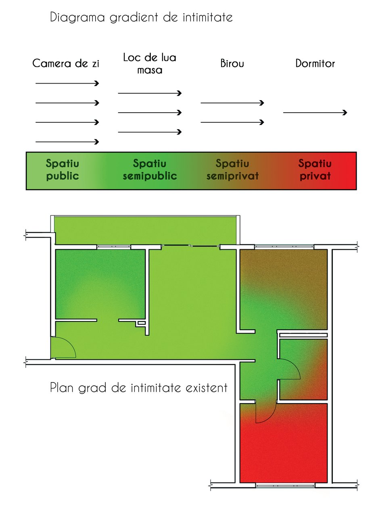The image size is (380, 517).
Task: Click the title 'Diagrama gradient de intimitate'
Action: point(141,17)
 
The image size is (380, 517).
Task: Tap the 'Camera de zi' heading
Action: point(66,63)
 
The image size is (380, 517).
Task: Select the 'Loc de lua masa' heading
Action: point(150,63)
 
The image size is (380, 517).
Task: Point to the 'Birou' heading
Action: point(232,63)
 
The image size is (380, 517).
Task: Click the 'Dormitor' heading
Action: point(315,63)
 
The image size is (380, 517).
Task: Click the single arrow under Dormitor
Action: point(315,113)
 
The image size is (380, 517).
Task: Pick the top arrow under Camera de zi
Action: point(67,83)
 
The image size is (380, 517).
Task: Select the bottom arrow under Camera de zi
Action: point(67,142)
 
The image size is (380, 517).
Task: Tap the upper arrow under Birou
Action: point(232,103)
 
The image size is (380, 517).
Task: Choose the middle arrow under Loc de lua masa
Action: point(150,113)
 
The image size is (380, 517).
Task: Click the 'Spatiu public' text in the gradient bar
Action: point(63,170)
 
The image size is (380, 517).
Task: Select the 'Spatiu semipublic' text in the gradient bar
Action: point(150,170)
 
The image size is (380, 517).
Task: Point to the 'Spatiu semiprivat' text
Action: point(232,170)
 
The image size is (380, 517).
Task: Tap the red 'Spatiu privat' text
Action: point(315,170)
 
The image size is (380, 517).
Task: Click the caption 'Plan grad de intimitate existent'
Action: point(139,387)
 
